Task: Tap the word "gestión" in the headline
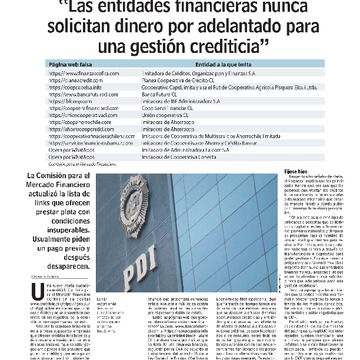click(171, 49)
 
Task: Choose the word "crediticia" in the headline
click(234, 49)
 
